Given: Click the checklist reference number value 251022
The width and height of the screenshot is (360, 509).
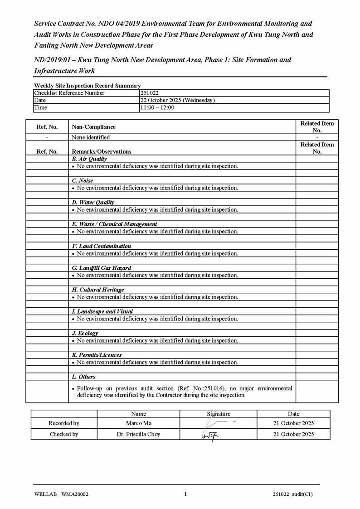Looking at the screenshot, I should coord(150,93).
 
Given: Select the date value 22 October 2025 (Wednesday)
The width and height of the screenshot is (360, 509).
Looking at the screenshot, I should coord(177,100).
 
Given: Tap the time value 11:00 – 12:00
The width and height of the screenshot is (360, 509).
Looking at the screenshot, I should coord(157,107).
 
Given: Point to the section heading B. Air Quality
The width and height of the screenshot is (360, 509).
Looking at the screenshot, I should coord(90,159).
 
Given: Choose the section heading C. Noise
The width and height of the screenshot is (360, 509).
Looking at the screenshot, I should coord(83,181).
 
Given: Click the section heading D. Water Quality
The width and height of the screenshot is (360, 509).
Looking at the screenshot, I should coord(93,203).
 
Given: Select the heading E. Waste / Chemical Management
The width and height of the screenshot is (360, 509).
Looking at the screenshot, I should coord(115,224).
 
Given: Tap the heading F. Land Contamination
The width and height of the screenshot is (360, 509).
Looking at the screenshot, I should coord(102,246).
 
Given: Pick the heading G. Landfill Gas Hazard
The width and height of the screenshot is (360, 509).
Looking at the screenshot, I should coord(102,268).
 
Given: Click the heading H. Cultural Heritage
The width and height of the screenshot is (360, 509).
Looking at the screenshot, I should coord(98,290).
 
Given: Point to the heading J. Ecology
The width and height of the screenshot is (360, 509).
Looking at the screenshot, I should coord(85,333).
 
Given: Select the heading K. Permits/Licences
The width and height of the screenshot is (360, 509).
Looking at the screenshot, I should coord(97,355).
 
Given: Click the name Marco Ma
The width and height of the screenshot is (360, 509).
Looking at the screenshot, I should coord(138,423).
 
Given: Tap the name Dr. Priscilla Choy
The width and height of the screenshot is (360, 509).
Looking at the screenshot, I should coord(138,434).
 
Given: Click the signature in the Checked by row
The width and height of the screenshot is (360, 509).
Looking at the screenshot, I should coord(210,435).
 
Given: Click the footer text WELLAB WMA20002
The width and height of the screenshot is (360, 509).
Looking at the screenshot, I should coord(61,494).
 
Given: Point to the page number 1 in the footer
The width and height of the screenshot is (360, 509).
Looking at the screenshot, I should coord(185,494).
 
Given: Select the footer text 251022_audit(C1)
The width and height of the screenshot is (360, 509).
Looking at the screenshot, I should coord(293,494).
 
